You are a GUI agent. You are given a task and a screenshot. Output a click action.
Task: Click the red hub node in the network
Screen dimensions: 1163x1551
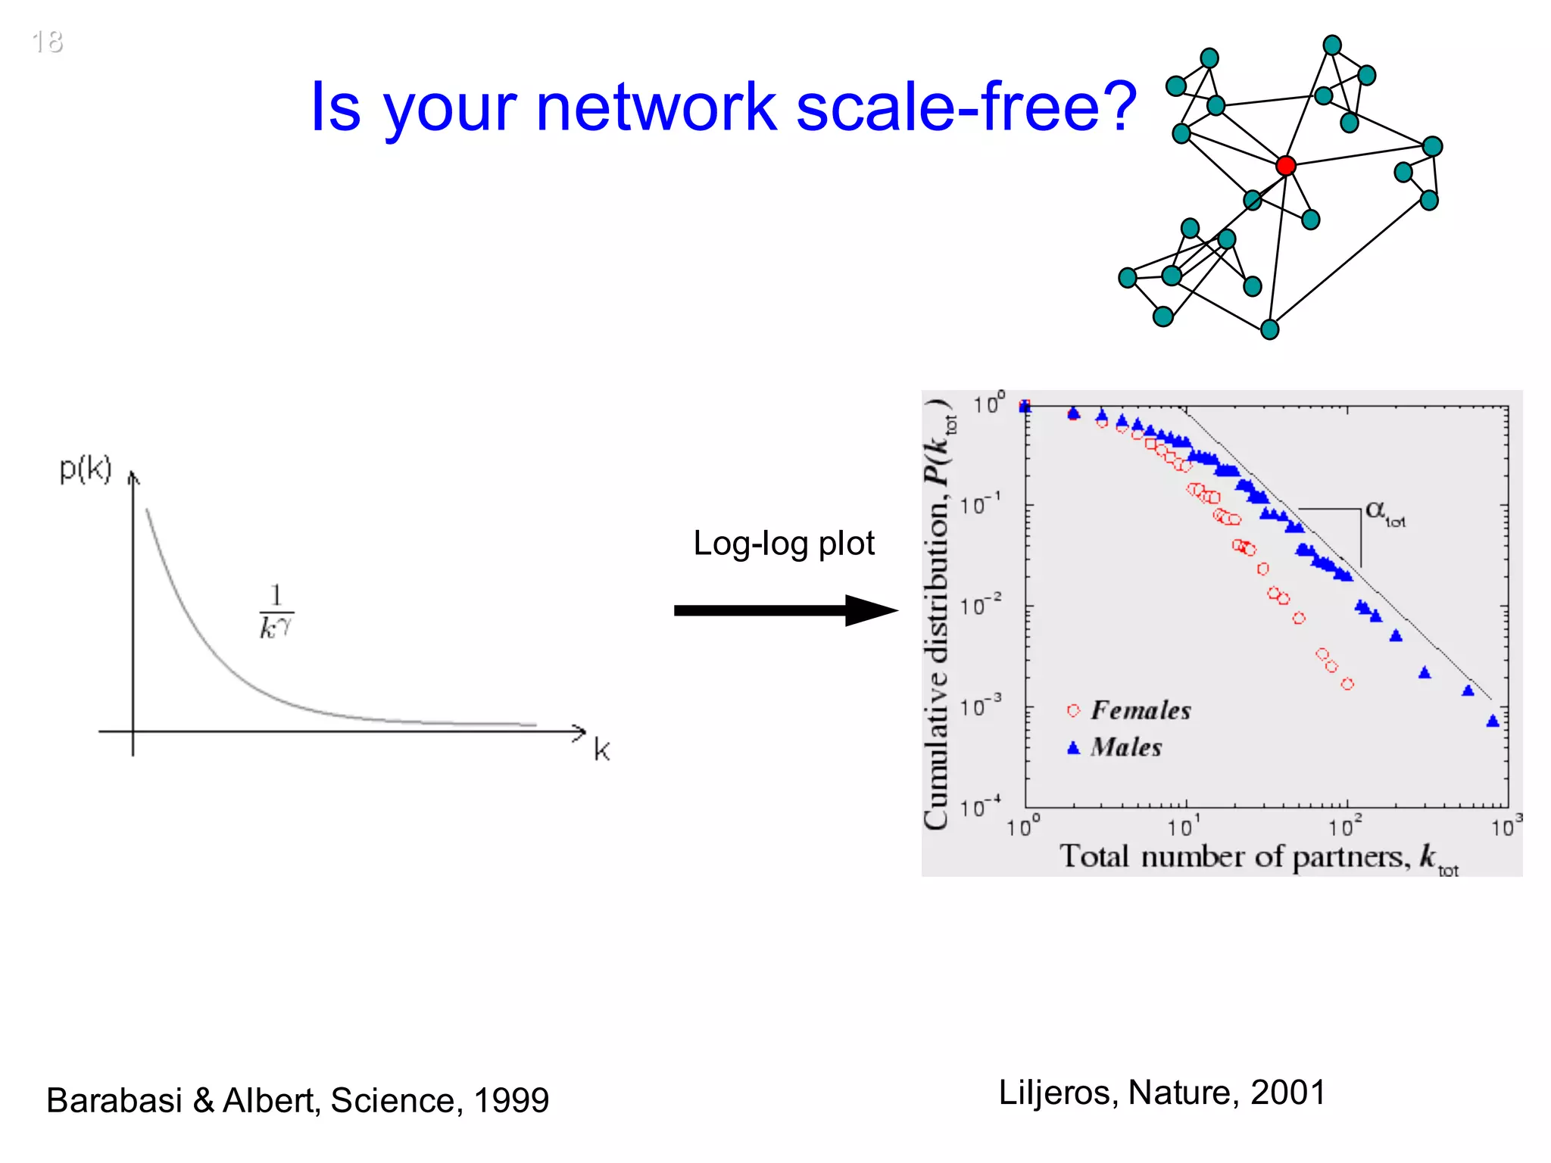(x=1285, y=165)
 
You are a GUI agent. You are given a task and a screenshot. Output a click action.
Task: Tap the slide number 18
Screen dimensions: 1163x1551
(x=47, y=42)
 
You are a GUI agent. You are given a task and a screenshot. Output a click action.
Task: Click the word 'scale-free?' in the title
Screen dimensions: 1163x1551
(x=966, y=107)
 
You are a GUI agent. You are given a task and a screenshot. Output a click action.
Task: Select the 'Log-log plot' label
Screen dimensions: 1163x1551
(x=783, y=543)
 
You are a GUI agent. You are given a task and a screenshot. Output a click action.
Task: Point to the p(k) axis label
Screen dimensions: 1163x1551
(x=86, y=469)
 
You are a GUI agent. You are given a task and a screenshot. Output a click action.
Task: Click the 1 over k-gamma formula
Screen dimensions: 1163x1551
(x=276, y=612)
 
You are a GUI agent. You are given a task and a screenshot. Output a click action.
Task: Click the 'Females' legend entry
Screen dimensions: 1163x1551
(x=1140, y=710)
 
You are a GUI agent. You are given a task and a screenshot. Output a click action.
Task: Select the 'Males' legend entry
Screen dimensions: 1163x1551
(x=1125, y=747)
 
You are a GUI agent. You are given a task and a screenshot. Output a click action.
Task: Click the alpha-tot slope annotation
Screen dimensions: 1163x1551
(x=1385, y=513)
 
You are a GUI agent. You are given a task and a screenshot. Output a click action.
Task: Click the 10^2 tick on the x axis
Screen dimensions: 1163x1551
(x=1346, y=826)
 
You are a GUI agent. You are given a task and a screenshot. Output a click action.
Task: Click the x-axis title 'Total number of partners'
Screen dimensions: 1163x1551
(x=1234, y=856)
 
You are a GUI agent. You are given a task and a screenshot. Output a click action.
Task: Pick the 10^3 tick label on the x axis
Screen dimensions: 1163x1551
(x=1506, y=826)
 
